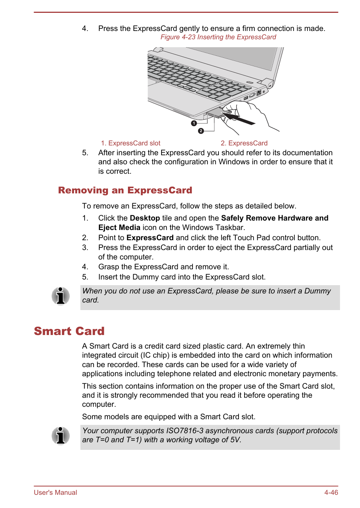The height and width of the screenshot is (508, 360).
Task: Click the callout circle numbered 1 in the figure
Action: (x=194, y=123)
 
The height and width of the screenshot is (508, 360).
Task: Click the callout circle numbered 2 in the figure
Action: (x=201, y=131)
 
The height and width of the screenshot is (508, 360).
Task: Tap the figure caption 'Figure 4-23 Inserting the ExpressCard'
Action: (x=218, y=37)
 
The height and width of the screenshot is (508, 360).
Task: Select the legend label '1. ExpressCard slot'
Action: (x=131, y=143)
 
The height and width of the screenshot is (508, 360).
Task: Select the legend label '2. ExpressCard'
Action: (x=244, y=143)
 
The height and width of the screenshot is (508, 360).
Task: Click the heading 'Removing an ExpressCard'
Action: (x=125, y=190)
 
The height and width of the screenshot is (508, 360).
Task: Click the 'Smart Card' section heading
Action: (x=69, y=331)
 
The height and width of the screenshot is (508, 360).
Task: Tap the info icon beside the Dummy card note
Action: (x=61, y=296)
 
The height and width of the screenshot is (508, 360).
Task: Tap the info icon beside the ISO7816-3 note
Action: (x=61, y=435)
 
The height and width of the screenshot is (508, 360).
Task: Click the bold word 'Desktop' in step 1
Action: (x=145, y=218)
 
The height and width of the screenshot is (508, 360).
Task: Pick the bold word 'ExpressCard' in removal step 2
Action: (x=150, y=238)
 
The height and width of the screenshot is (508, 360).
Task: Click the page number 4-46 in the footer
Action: (x=331, y=493)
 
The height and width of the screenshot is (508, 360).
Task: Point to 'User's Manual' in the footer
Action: (x=55, y=493)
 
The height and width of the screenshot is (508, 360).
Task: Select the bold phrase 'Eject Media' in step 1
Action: (x=119, y=227)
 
